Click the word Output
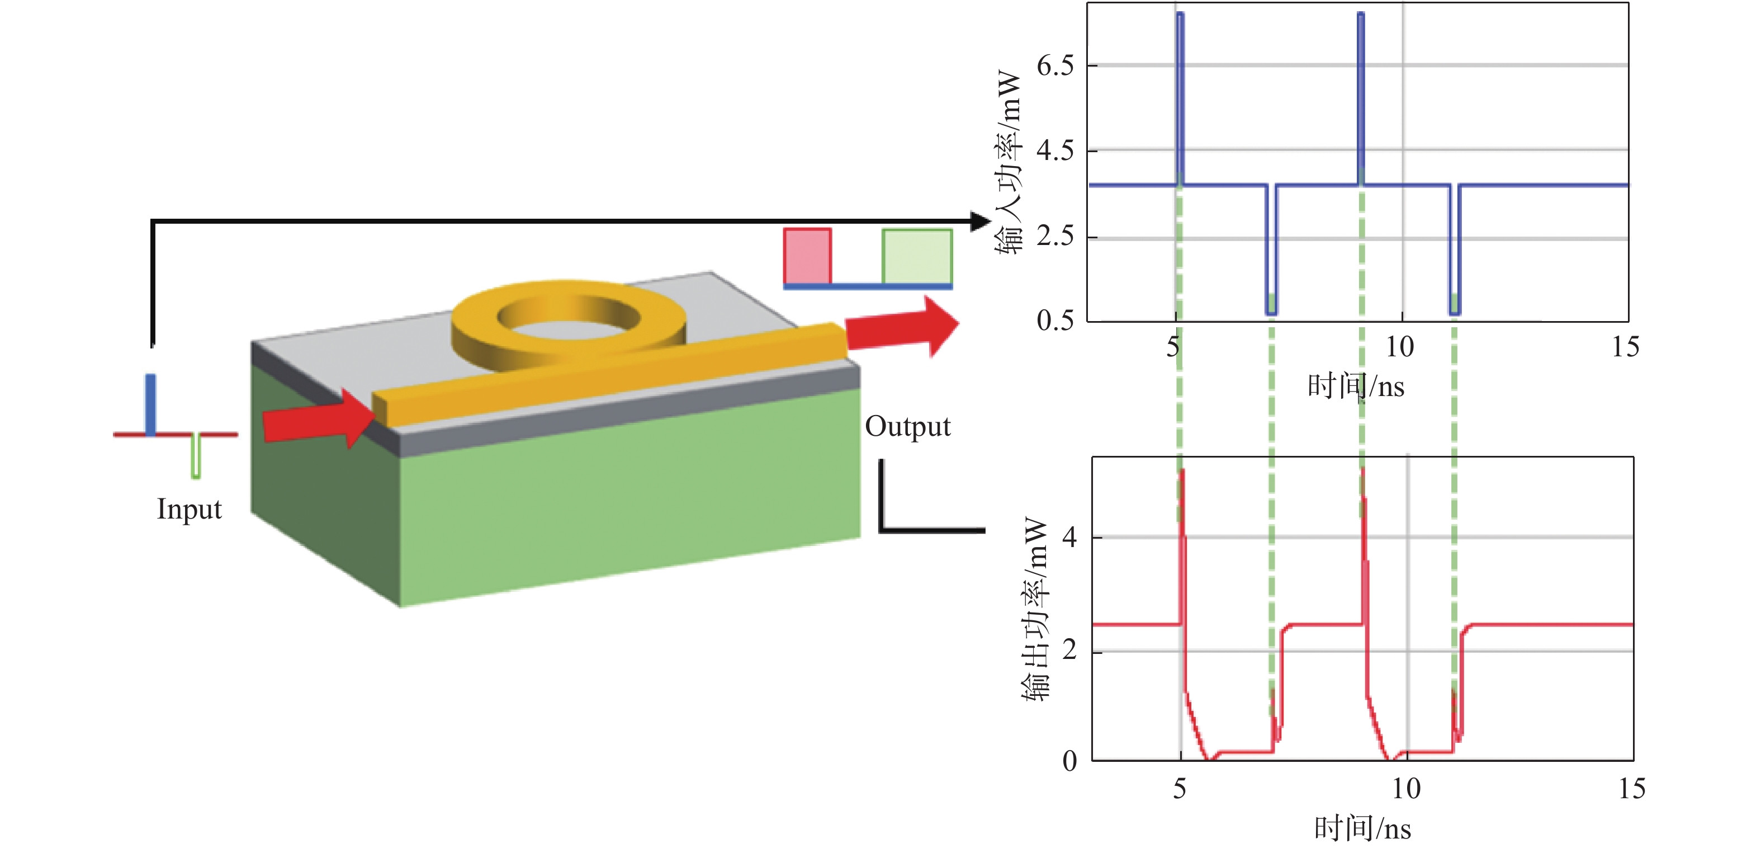908,427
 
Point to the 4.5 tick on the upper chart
1055,150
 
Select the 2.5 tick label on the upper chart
1055,236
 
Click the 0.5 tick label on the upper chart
1055,320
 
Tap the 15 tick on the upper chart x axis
1625,347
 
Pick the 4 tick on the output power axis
1069,538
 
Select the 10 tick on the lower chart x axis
1406,789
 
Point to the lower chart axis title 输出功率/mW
1035,609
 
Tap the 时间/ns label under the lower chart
1362,828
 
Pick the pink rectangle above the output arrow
807,256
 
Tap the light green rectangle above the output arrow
917,256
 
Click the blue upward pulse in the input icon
150,403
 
